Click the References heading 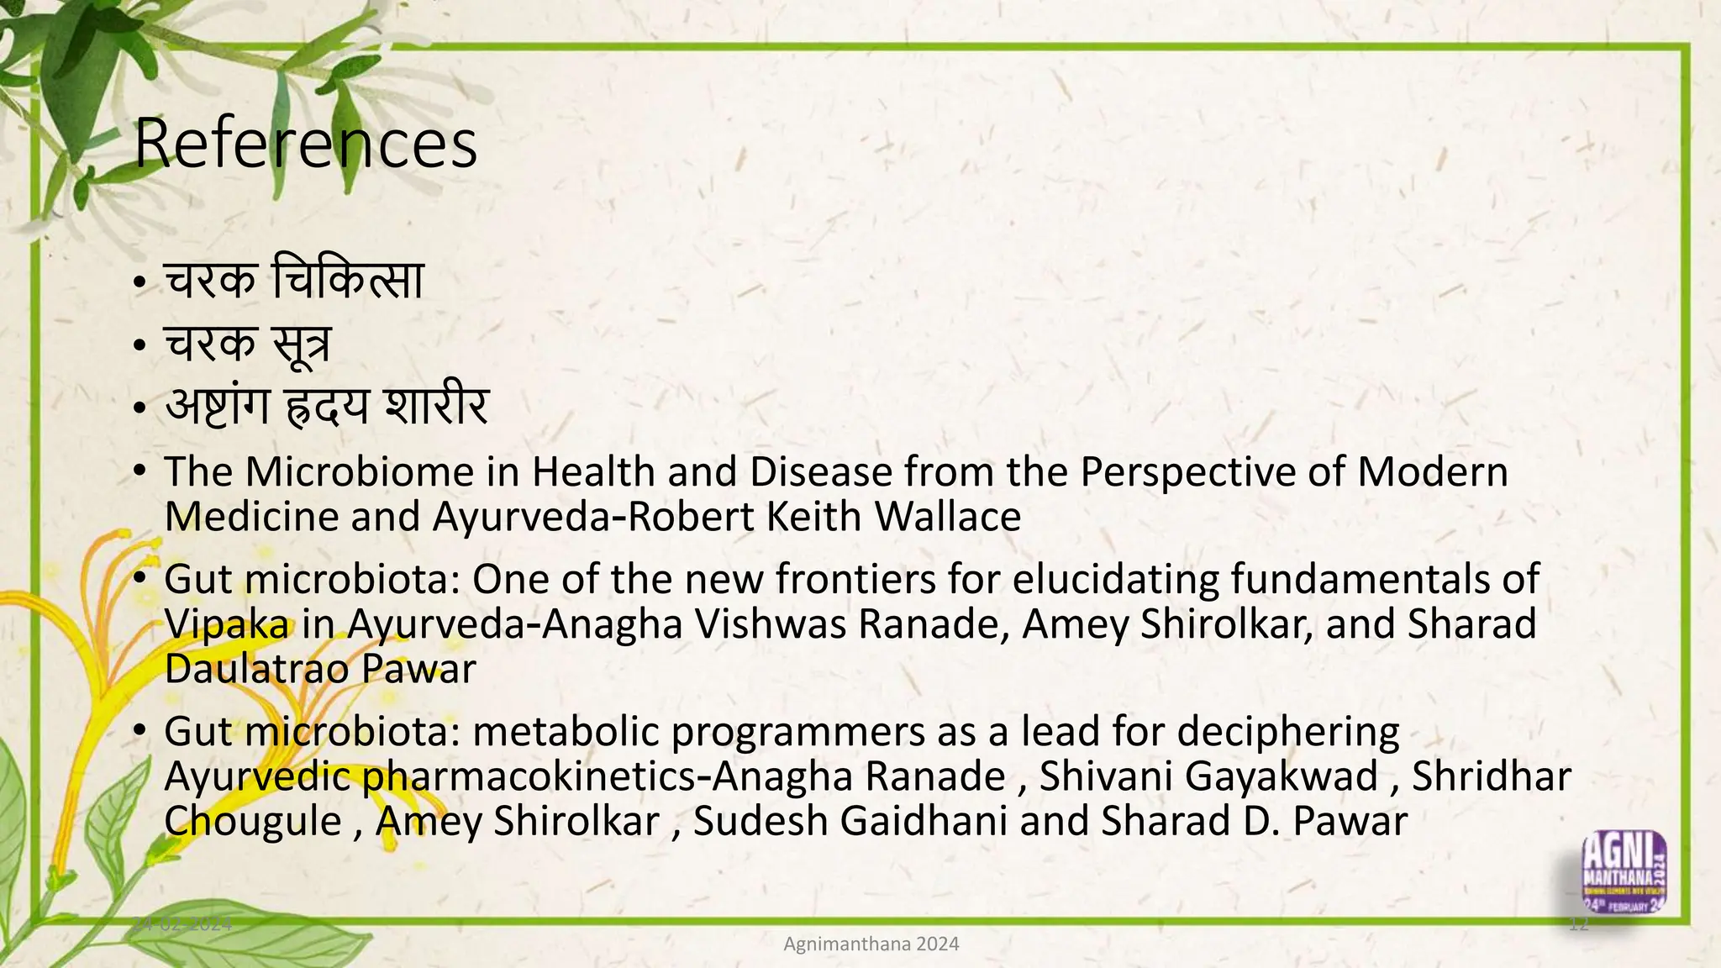coord(305,144)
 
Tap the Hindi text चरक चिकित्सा coord(293,280)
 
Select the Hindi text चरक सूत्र coord(247,344)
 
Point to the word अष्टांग coord(217,408)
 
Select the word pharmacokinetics coord(529,776)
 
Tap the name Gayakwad coord(1281,776)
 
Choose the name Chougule coord(252,821)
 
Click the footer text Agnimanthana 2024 coord(871,944)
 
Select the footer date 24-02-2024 coord(182,924)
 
